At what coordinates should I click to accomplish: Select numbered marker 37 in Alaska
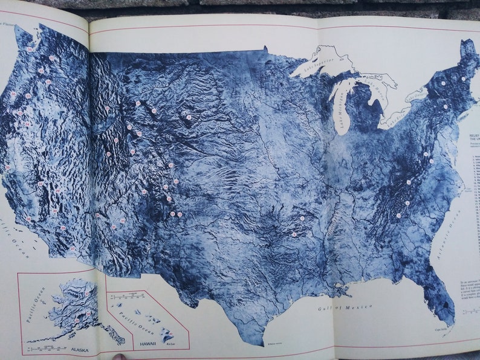click(x=86, y=294)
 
